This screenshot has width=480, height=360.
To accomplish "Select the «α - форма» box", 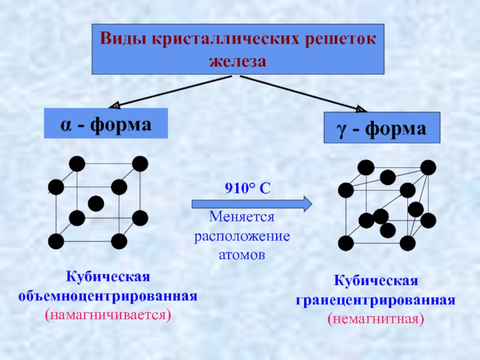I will tap(105, 124).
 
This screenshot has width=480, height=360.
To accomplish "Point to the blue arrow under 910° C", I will tap(252, 204).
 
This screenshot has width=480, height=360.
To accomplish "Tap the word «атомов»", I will tap(242, 254).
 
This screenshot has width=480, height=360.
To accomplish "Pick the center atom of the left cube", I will tap(96, 203).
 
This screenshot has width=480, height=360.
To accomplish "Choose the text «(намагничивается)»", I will tap(108, 314).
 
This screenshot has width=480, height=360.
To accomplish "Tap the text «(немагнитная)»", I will tap(376, 318).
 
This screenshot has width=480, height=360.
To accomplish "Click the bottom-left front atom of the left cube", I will tap(56, 241).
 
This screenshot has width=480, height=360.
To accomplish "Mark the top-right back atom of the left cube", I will tap(140, 163).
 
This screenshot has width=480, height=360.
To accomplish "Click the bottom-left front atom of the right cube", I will tap(346, 243).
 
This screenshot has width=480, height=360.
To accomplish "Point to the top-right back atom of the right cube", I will tap(428, 167).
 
